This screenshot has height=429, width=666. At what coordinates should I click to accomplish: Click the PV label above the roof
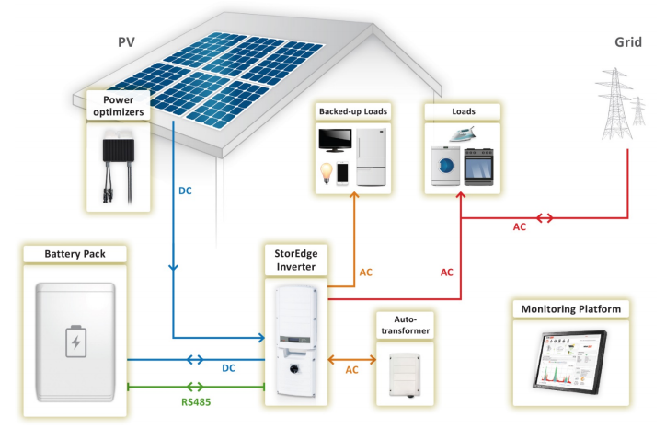(x=126, y=42)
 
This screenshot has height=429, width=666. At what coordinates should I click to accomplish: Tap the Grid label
(x=628, y=42)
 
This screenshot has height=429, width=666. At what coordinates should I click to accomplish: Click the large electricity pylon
(x=615, y=103)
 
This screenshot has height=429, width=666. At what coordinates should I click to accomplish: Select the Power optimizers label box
(x=119, y=106)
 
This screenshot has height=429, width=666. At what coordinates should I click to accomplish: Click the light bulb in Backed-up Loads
(x=326, y=173)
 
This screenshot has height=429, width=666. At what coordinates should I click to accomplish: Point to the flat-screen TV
(x=335, y=140)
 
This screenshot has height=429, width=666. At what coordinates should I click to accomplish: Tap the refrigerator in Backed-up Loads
(x=372, y=157)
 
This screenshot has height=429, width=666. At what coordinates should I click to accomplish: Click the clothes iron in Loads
(x=462, y=134)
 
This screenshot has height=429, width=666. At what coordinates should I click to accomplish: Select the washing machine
(x=445, y=166)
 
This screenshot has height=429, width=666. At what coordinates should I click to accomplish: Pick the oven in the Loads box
(x=478, y=167)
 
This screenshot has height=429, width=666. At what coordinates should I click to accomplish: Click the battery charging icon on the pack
(x=76, y=342)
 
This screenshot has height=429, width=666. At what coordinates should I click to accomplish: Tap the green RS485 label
(x=196, y=401)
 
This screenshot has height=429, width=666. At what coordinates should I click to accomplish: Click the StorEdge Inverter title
(x=296, y=260)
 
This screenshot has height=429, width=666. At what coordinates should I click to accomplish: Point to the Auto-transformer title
(x=405, y=325)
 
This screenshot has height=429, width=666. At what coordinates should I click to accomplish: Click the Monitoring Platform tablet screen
(x=570, y=360)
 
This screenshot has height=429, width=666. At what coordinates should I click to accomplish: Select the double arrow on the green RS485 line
(x=195, y=387)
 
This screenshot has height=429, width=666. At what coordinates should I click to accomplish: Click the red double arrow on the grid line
(x=545, y=218)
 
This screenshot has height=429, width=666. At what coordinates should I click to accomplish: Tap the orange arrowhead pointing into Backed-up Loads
(x=354, y=195)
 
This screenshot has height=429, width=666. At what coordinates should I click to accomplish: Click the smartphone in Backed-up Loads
(x=342, y=173)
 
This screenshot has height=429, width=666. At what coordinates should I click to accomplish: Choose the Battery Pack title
(x=75, y=254)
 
